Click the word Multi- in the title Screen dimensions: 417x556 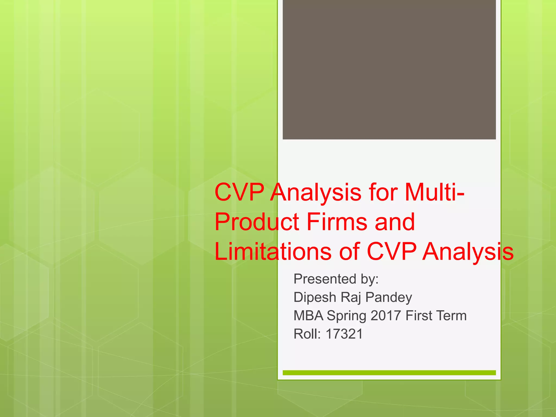tap(434, 192)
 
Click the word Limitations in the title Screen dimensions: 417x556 tap(273, 252)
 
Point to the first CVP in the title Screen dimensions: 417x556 tap(239, 192)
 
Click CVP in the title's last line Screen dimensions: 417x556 tap(391, 252)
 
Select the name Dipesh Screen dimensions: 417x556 tap(315, 297)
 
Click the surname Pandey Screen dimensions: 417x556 tap(388, 297)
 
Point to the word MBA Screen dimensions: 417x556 tap(308, 315)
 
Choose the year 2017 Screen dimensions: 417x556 tap(386, 315)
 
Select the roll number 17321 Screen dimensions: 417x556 tap(344, 334)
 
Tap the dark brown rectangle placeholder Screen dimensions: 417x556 tap(389, 69)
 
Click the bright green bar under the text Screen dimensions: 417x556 tap(389, 373)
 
